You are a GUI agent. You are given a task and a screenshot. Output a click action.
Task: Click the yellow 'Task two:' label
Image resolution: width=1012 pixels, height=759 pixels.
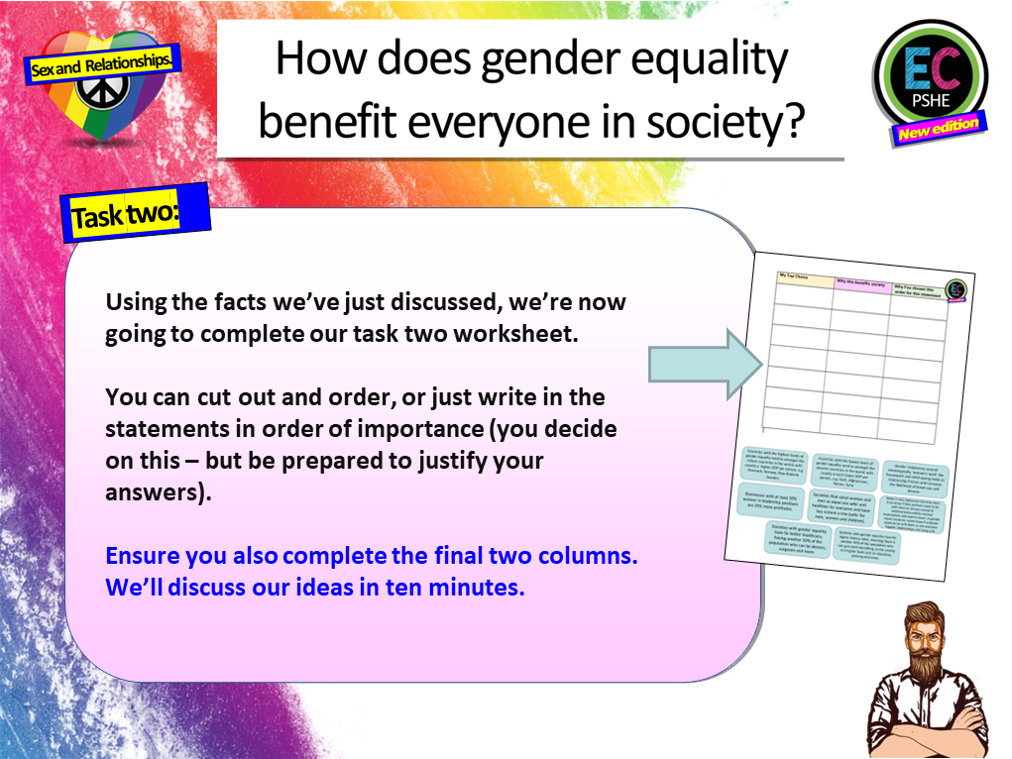(124, 215)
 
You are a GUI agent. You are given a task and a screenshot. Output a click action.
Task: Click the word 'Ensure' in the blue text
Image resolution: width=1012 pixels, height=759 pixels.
(142, 556)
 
